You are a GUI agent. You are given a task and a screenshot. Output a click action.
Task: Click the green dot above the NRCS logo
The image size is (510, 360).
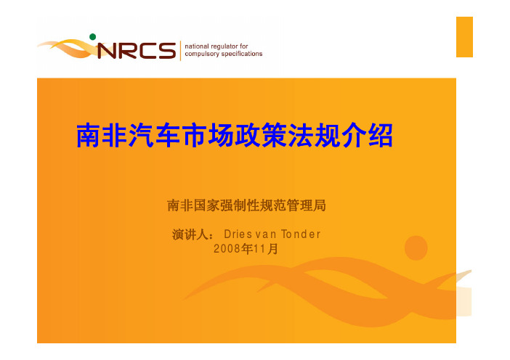coord(93,37)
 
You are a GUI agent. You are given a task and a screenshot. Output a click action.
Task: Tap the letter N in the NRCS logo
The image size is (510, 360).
coord(107,51)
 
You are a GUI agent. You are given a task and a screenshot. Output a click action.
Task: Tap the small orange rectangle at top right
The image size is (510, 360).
coord(464,37)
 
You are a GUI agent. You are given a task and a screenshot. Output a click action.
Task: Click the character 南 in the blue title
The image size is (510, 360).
coord(88,136)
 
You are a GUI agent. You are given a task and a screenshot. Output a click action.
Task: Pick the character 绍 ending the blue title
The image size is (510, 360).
coord(381,136)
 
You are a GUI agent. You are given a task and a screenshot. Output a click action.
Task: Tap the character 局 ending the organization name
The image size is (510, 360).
coord(320,205)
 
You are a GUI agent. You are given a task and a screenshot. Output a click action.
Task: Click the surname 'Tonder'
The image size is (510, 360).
coord(301,234)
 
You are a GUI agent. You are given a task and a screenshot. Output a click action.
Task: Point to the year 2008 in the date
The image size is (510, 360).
coord(227,249)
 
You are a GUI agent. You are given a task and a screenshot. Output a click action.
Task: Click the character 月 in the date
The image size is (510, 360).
coord(273,249)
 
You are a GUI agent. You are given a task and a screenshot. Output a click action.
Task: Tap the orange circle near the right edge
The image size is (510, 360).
coord(416,248)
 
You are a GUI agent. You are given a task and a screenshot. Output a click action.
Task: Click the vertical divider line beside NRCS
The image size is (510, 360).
coord(180,51)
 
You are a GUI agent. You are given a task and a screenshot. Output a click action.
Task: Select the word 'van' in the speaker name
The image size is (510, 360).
coord(266,234)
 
